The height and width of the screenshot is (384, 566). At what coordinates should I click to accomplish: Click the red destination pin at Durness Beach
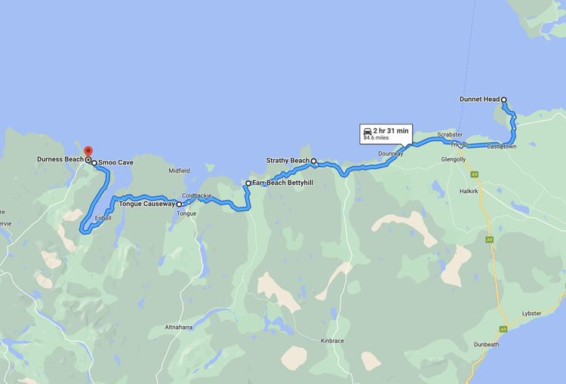point(88,151)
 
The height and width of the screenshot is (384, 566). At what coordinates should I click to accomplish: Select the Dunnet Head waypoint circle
point(504,99)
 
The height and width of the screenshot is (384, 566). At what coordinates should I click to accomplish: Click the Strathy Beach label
point(288,161)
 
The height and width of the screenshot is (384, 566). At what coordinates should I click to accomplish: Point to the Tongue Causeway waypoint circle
point(179,204)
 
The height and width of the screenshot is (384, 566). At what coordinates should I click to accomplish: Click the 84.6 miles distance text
point(376,138)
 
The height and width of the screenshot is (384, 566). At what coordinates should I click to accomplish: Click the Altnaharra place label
point(180,327)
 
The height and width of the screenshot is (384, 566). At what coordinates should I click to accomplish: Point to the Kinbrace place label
point(332,341)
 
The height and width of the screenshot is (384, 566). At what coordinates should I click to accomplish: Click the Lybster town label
point(531,313)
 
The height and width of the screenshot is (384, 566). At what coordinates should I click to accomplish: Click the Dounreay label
point(391,153)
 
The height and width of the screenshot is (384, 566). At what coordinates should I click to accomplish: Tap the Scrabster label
point(450,134)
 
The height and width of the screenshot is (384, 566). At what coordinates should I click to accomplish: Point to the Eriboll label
point(103,218)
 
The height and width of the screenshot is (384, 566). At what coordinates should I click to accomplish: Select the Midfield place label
point(180,170)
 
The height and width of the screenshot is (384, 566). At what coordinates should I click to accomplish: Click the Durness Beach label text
point(60,159)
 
